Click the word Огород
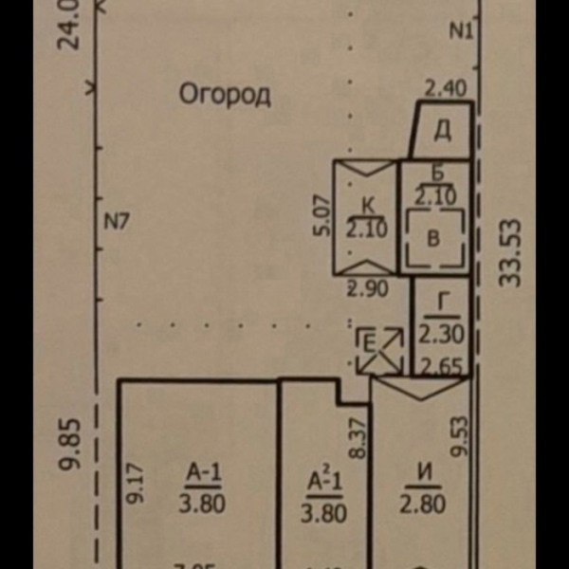pyautogui.click(x=225, y=94)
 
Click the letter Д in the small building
pyautogui.click(x=443, y=131)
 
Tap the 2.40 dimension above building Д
pyautogui.click(x=444, y=90)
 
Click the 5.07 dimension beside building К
pyautogui.click(x=323, y=216)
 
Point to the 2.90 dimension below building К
pyautogui.click(x=367, y=289)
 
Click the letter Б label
pyautogui.click(x=437, y=174)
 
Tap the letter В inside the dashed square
pyautogui.click(x=433, y=238)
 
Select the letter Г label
pyautogui.click(x=443, y=306)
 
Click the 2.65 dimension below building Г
pyautogui.click(x=442, y=365)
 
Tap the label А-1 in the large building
pyautogui.click(x=203, y=471)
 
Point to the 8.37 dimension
pyautogui.click(x=358, y=439)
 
